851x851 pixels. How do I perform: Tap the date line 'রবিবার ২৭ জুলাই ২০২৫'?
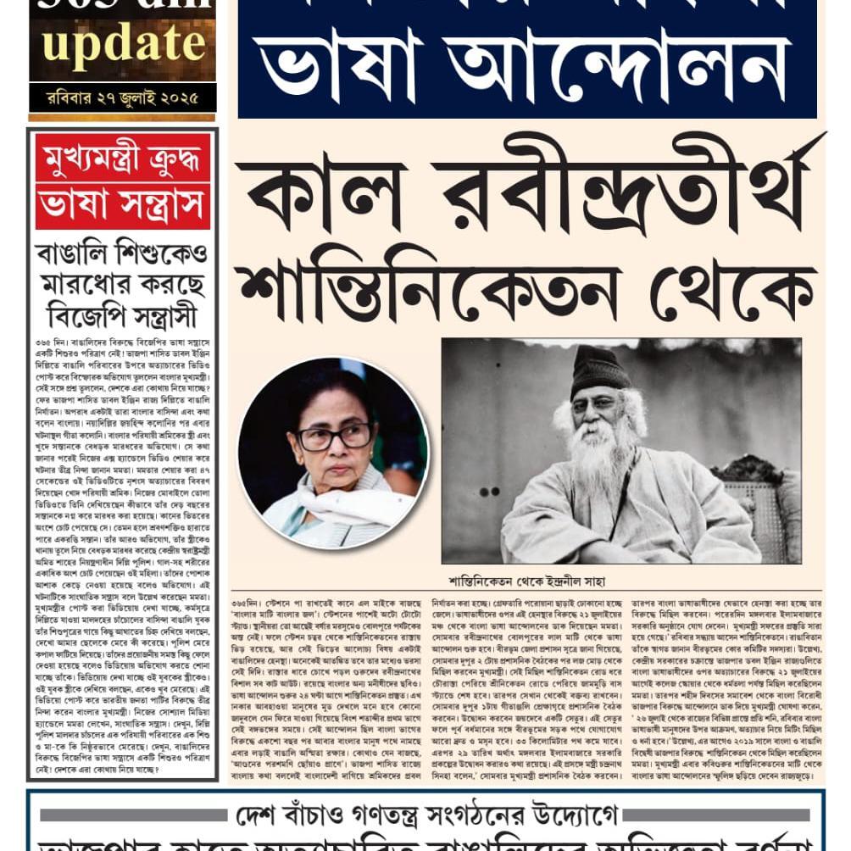point(123,97)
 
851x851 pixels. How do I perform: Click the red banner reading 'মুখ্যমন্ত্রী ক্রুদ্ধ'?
point(123,157)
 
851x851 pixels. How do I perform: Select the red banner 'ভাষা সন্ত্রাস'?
point(123,205)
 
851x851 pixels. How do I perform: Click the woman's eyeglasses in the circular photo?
point(335,437)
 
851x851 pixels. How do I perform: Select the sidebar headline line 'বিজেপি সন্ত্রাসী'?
point(123,315)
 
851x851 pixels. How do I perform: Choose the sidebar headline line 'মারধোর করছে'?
point(123,284)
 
